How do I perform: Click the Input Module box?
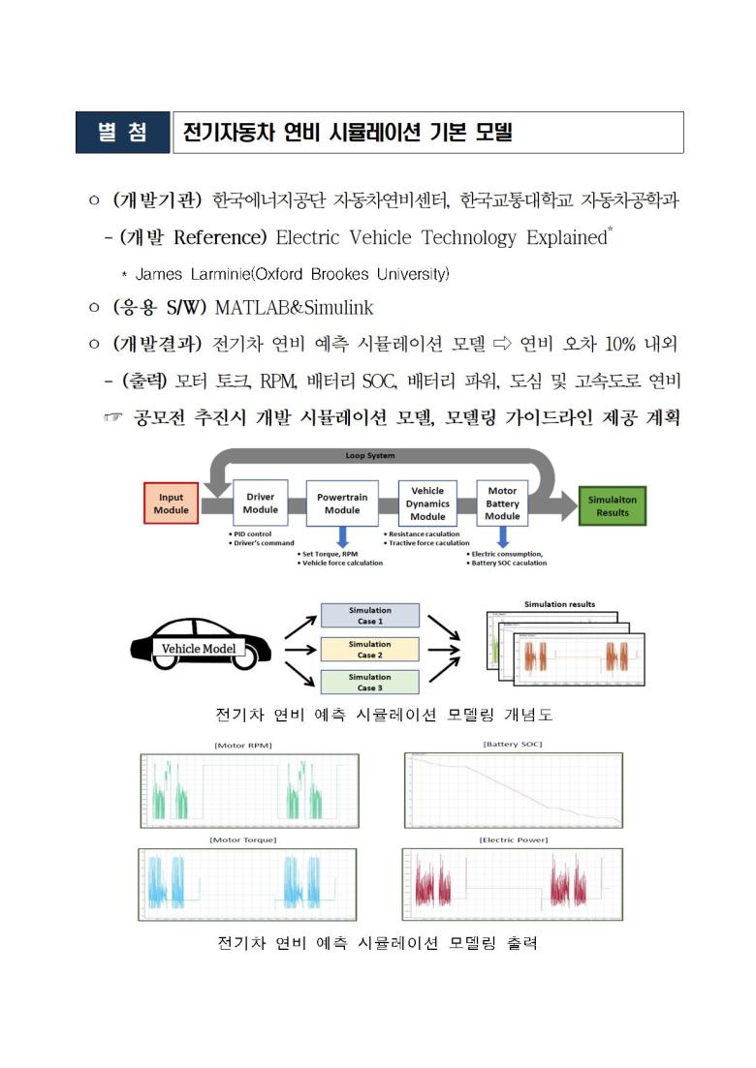pyautogui.click(x=172, y=503)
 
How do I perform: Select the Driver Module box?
pyautogui.click(x=260, y=503)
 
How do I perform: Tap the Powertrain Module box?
pyautogui.click(x=342, y=503)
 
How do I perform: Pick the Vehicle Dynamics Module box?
pyautogui.click(x=427, y=503)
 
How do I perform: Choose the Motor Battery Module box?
pyautogui.click(x=502, y=503)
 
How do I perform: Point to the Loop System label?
pyautogui.click(x=369, y=455)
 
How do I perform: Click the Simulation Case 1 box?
pyautogui.click(x=370, y=615)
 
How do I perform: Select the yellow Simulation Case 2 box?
pyautogui.click(x=370, y=649)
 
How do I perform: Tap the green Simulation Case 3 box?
pyautogui.click(x=370, y=682)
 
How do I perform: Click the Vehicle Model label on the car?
pyautogui.click(x=199, y=648)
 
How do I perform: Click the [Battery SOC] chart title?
pyautogui.click(x=512, y=744)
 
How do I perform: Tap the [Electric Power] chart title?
pyautogui.click(x=513, y=839)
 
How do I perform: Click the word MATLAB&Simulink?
pyautogui.click(x=294, y=308)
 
